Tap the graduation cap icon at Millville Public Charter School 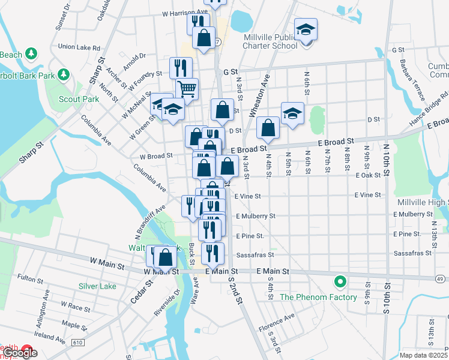point(306,29)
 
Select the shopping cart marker point(187,89)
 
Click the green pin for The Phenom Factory point(340,281)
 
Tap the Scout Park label point(79,99)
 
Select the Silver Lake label point(97,286)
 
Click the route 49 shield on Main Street point(440,278)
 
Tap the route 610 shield point(77,342)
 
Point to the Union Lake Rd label point(79,47)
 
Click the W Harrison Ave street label point(184,12)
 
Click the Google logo point(20,353)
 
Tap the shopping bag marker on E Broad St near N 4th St point(268,128)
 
